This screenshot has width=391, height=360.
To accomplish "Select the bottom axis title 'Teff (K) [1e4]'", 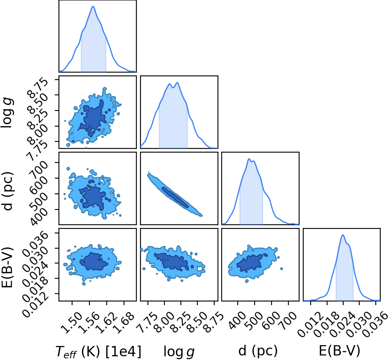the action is [98, 351].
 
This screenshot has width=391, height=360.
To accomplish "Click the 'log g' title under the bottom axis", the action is [179, 351].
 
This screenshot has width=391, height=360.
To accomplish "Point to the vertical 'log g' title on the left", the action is [7, 113].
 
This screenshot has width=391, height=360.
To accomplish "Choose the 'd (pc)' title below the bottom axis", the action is [258, 351].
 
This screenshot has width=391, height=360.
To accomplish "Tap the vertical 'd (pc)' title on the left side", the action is [7, 191].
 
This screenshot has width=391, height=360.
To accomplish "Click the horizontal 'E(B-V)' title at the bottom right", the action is [339, 351].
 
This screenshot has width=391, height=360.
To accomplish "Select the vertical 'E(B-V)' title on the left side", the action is [7, 267].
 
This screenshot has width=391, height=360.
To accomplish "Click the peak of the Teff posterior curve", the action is [93, 6].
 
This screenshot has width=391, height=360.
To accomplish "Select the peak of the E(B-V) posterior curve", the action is [343, 235].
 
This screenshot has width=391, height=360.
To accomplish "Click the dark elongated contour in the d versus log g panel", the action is [175, 197].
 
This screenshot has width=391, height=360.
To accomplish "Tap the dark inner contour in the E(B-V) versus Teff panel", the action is [94, 261].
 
